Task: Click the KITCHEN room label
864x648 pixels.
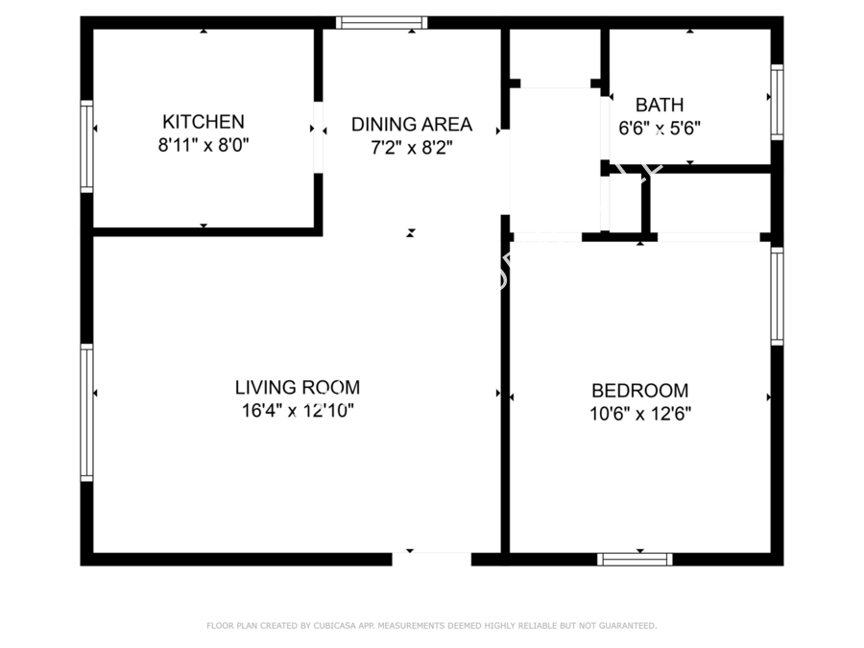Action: (204, 122)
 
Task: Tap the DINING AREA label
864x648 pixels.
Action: (412, 125)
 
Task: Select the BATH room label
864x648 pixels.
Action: (660, 105)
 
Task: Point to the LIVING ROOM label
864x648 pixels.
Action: (298, 388)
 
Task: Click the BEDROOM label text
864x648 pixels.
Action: (639, 391)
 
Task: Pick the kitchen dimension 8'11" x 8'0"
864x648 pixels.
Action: (204, 146)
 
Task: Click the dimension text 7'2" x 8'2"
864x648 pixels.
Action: (412, 148)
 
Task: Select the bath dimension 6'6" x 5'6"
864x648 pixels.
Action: (660, 129)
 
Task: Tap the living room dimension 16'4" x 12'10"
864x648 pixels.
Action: (298, 411)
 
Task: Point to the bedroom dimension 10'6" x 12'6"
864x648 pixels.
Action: (639, 414)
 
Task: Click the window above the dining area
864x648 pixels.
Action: (382, 23)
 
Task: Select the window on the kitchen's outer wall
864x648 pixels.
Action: (87, 147)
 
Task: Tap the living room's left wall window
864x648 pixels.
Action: (87, 413)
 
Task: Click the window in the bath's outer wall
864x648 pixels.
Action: (777, 102)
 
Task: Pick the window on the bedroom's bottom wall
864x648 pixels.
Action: (635, 560)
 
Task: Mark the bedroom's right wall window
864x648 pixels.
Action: (777, 297)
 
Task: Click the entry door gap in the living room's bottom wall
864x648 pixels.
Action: (431, 559)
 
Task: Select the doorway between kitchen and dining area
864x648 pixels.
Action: (318, 137)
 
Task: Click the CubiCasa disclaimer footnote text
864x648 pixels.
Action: (431, 625)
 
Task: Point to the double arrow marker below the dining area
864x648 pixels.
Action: (411, 233)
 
